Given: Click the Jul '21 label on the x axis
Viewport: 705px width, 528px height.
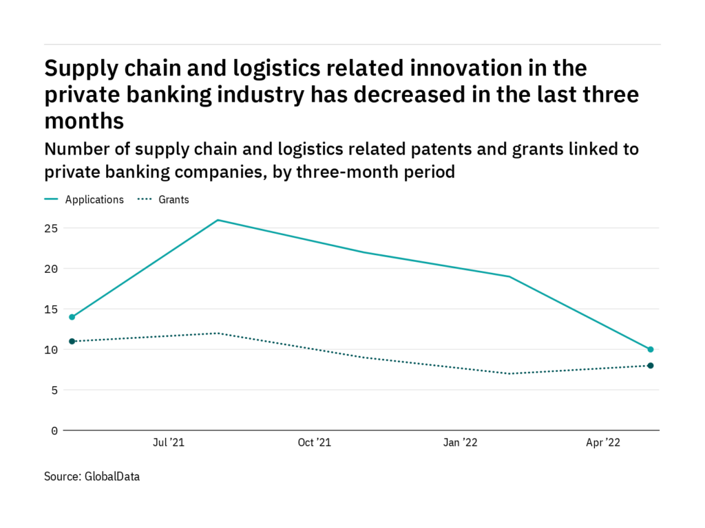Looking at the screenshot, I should click(x=169, y=443).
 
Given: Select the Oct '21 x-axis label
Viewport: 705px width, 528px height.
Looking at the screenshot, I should click(x=315, y=443).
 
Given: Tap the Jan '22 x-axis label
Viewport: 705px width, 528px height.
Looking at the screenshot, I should click(x=459, y=443).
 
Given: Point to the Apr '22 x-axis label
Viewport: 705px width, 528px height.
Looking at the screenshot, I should click(x=604, y=443).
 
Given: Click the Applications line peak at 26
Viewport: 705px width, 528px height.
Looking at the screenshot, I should click(x=218, y=220).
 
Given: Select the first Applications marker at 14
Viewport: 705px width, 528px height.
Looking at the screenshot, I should click(x=72, y=317).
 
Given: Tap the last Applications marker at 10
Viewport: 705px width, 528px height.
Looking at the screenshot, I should click(x=651, y=349).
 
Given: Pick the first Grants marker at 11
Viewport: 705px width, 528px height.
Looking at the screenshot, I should click(x=72, y=341).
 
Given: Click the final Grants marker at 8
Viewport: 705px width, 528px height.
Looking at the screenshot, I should click(x=651, y=366).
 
